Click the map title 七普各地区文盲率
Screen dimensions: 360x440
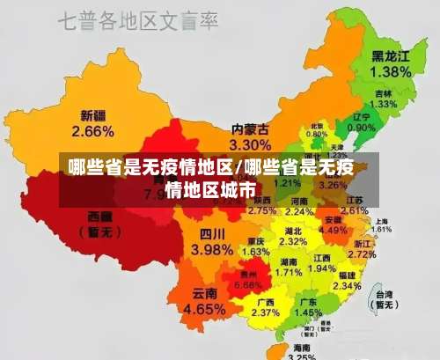click(x=139, y=20)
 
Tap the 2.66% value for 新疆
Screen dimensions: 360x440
click(x=92, y=131)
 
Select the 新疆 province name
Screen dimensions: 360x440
click(x=92, y=115)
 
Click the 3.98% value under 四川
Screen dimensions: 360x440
click(x=211, y=249)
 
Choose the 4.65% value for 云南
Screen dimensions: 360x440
click(x=204, y=309)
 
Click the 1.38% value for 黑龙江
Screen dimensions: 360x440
click(x=391, y=70)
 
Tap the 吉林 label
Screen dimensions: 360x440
click(x=383, y=93)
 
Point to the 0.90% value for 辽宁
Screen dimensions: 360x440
click(x=360, y=128)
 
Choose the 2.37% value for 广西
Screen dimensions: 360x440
click(x=265, y=312)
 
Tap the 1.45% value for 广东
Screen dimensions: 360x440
click(x=307, y=312)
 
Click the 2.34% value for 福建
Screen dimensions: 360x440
click(x=347, y=286)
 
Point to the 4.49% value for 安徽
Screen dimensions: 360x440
click(x=333, y=230)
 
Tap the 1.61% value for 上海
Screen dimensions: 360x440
click(x=381, y=229)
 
